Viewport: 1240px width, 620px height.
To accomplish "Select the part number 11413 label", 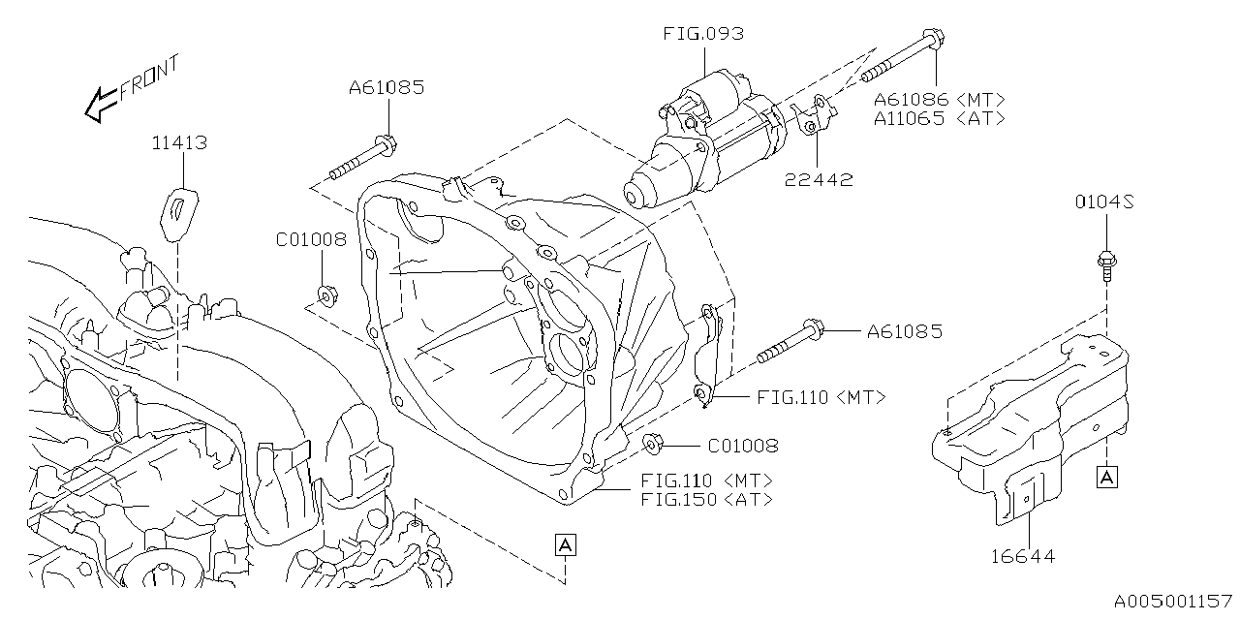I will (x=179, y=143).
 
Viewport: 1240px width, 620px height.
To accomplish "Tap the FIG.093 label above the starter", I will (x=703, y=34).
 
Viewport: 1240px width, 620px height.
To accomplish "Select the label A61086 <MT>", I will (x=939, y=99).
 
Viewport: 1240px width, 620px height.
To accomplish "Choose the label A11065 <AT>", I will (x=939, y=118).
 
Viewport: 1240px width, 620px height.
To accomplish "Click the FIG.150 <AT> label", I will (x=706, y=500).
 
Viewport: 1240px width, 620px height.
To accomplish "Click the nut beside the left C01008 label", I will (x=327, y=294).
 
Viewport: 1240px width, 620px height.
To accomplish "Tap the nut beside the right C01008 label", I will (x=652, y=445).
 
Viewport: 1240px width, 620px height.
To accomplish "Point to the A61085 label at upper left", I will (x=387, y=88).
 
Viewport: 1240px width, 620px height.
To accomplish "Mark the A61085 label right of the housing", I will (x=904, y=332).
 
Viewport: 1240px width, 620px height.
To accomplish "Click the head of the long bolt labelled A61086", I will (x=934, y=41).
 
